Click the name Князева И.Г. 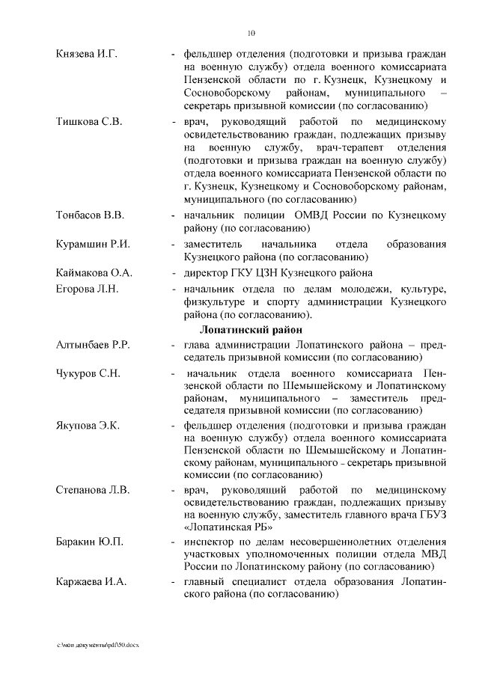click(86, 54)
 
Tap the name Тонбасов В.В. click(90, 215)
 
